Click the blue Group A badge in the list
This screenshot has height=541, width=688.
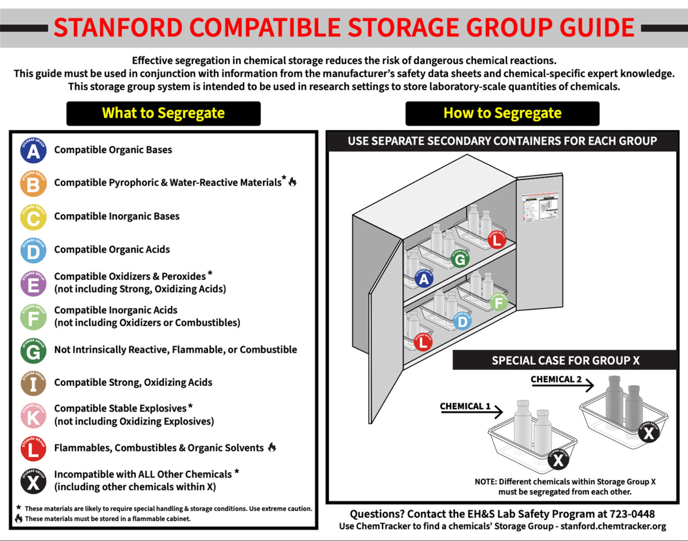click(33, 150)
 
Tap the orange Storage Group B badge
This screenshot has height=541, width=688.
click(33, 184)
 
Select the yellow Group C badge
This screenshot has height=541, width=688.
click(33, 217)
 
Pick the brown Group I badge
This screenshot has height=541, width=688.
click(33, 383)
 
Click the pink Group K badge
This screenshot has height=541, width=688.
click(33, 416)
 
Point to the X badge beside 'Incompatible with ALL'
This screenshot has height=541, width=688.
click(33, 481)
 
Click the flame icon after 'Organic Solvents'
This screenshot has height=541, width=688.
click(272, 447)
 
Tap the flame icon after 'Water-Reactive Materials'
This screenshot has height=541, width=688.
click(292, 181)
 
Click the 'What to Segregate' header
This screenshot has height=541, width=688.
click(163, 113)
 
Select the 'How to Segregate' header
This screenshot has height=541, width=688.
click(502, 113)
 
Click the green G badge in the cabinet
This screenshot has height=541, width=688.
click(460, 259)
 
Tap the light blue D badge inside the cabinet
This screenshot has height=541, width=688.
click(462, 321)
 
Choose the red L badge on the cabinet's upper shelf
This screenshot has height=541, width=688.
click(496, 240)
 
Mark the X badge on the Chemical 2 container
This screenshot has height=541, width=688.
click(649, 433)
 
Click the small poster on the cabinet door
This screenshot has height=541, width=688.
click(540, 206)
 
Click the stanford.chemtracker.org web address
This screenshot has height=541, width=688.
click(613, 526)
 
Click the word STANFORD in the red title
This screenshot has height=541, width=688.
click(118, 28)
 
